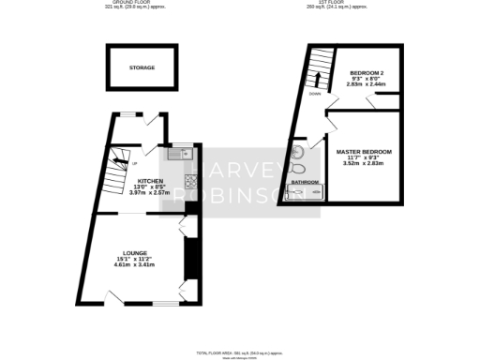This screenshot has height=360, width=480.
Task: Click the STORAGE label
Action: [x=142, y=67]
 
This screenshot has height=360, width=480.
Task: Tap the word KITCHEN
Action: [x=151, y=181]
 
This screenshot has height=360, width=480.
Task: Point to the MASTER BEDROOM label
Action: [x=364, y=151]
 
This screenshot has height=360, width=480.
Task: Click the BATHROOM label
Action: [x=305, y=182]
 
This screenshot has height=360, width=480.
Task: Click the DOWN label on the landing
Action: [x=315, y=95]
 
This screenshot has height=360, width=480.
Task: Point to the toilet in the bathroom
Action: [x=298, y=153]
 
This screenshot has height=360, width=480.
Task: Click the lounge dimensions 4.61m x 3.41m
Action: [x=134, y=265]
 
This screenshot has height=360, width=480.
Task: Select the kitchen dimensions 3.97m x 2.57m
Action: [x=151, y=192]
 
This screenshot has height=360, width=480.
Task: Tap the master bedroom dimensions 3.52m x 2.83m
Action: [x=364, y=163]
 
